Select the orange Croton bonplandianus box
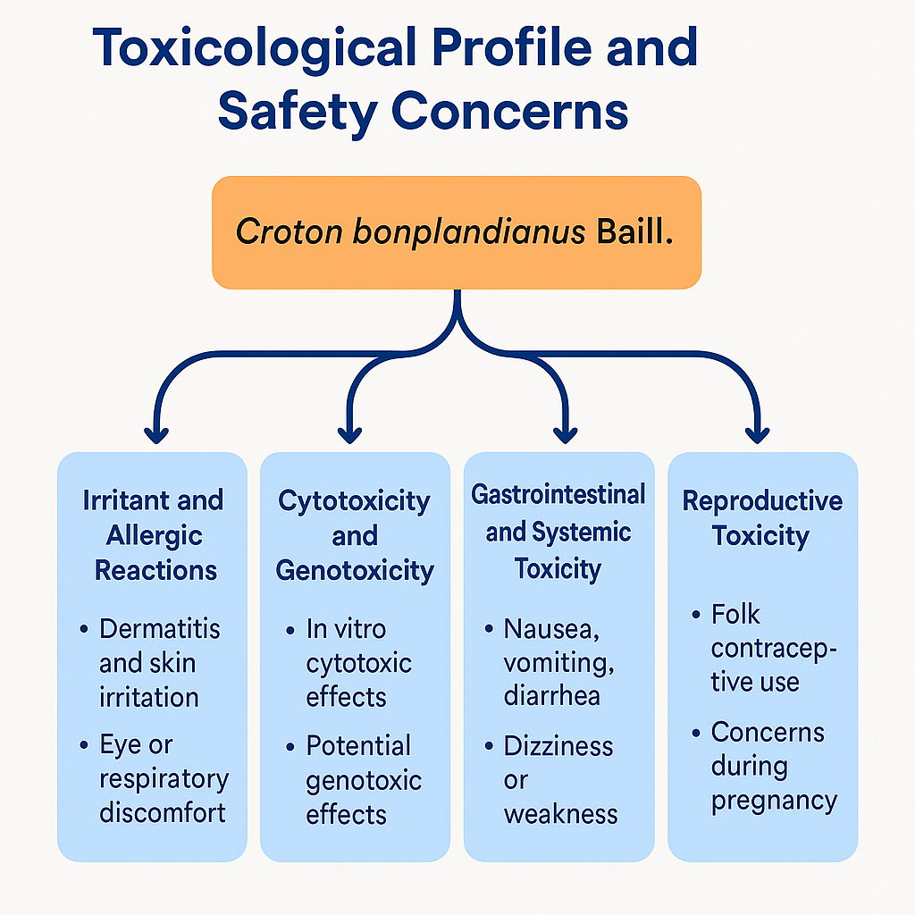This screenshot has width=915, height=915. tap(457, 232)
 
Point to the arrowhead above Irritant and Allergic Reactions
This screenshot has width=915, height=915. tap(157, 435)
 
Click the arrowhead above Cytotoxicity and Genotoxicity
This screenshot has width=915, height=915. tap(350, 435)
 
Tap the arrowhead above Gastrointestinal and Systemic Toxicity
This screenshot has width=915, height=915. tap(565, 435)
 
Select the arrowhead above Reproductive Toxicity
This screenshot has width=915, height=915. tap(758, 435)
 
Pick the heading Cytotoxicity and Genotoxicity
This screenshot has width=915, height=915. tap(355, 535)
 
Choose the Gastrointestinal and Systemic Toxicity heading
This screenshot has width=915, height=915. tap(558, 532)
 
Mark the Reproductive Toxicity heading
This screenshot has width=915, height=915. tap(762, 518)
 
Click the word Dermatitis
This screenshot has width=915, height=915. tap(159, 629)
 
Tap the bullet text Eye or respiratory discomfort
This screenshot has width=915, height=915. tap(163, 779)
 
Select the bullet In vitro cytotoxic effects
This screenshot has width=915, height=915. tap(357, 663)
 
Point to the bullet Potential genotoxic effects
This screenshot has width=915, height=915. tap(363, 780)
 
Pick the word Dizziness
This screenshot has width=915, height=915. tap(558, 747)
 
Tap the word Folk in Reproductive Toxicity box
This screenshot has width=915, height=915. tap(735, 615)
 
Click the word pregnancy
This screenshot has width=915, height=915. tap(774, 801)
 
